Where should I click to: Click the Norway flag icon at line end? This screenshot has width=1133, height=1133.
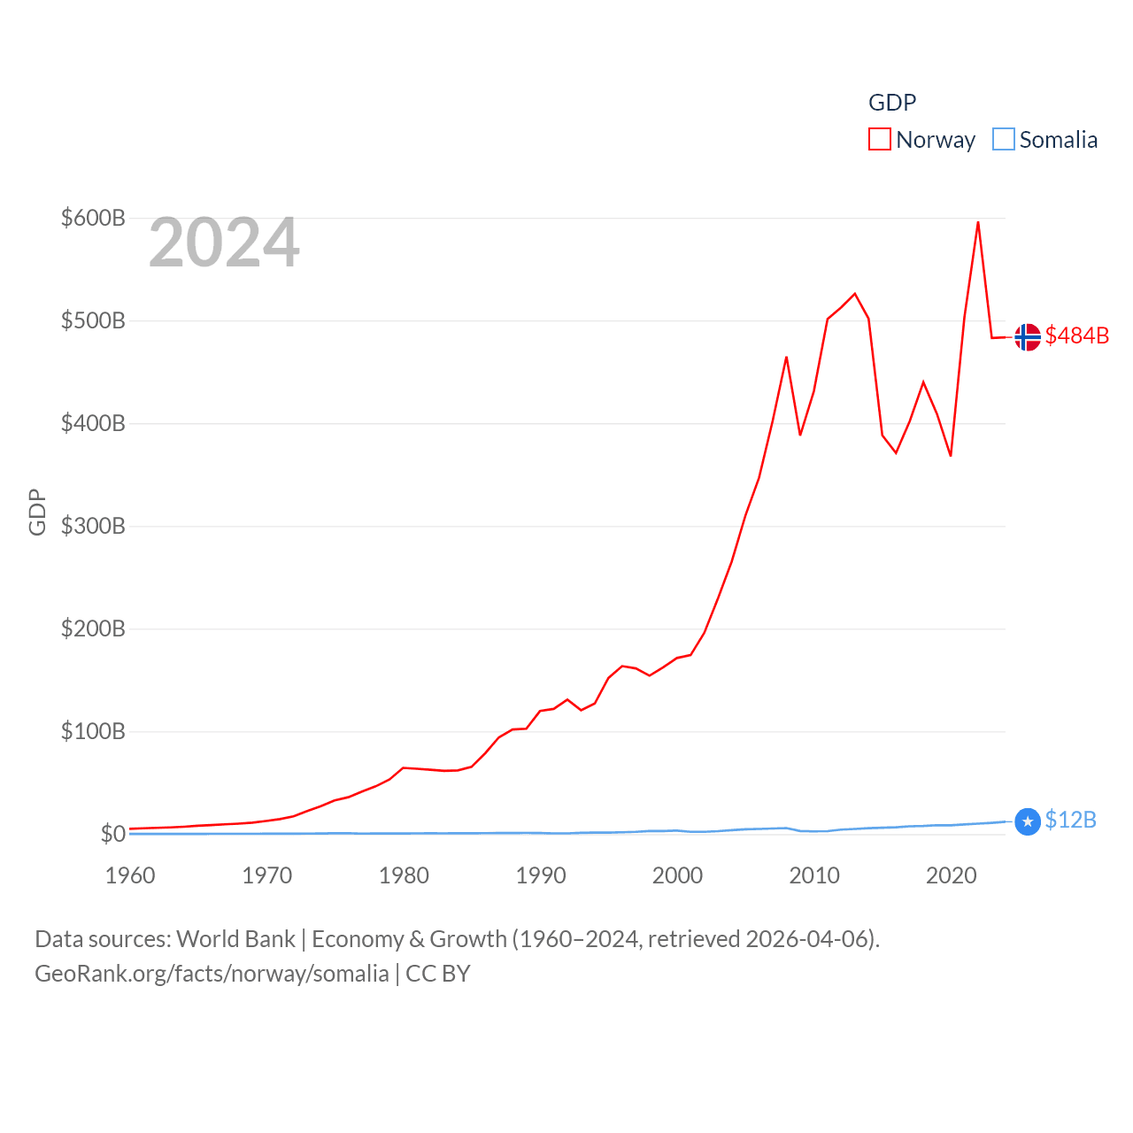pyautogui.click(x=1027, y=337)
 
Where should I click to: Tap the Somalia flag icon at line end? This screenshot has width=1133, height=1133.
pyautogui.click(x=1027, y=822)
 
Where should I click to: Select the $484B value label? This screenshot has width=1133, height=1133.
pyautogui.click(x=1076, y=335)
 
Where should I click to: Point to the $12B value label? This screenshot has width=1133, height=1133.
pyautogui.click(x=1070, y=820)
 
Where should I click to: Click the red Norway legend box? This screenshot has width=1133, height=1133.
pyautogui.click(x=879, y=139)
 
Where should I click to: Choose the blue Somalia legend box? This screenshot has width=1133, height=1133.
pyautogui.click(x=1003, y=139)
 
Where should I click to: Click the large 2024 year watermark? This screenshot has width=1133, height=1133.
pyautogui.click(x=224, y=243)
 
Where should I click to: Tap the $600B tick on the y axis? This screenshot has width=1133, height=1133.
pyautogui.click(x=93, y=218)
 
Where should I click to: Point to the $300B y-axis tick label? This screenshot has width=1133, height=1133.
pyautogui.click(x=93, y=526)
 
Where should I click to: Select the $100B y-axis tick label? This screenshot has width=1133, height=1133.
pyautogui.click(x=93, y=731)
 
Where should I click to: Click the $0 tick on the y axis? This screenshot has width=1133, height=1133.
pyautogui.click(x=113, y=834)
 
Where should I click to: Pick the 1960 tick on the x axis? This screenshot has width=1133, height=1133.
pyautogui.click(x=130, y=875)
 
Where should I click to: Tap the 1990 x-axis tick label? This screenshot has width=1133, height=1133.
pyautogui.click(x=541, y=875)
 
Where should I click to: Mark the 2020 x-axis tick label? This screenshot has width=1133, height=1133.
pyautogui.click(x=951, y=875)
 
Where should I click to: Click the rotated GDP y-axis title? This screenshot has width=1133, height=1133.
pyautogui.click(x=37, y=512)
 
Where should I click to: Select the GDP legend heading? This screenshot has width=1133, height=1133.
pyautogui.click(x=892, y=103)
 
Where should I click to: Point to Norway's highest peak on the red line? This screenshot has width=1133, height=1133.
pyautogui.click(x=977, y=222)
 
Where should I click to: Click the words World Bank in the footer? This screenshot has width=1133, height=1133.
pyautogui.click(x=235, y=938)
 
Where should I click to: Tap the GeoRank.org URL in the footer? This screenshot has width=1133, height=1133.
pyautogui.click(x=212, y=974)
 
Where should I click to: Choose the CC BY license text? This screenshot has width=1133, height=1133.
pyautogui.click(x=438, y=974)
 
